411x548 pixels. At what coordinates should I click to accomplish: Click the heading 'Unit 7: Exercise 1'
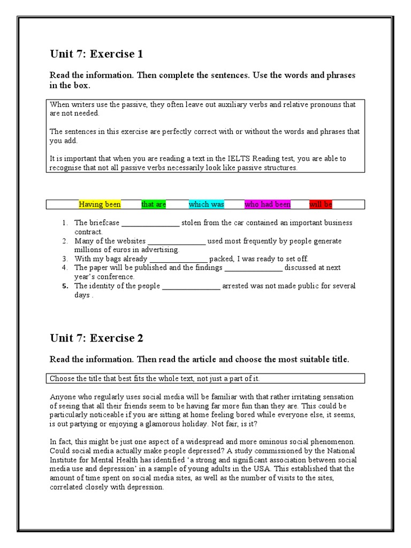96,54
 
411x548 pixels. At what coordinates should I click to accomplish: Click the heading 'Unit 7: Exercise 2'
96,338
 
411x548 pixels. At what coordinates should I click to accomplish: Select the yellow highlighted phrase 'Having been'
100,204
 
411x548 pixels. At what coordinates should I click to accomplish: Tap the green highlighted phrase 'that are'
154,204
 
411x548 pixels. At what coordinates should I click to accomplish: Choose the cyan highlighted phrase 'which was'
207,204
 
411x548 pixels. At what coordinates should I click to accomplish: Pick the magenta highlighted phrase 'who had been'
268,204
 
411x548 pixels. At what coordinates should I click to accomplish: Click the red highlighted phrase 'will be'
321,204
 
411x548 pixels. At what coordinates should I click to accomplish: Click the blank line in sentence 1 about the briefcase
151,223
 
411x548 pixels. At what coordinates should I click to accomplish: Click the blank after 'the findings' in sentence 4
253,268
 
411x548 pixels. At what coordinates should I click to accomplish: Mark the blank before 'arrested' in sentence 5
191,286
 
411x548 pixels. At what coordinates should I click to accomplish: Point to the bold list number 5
64,286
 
